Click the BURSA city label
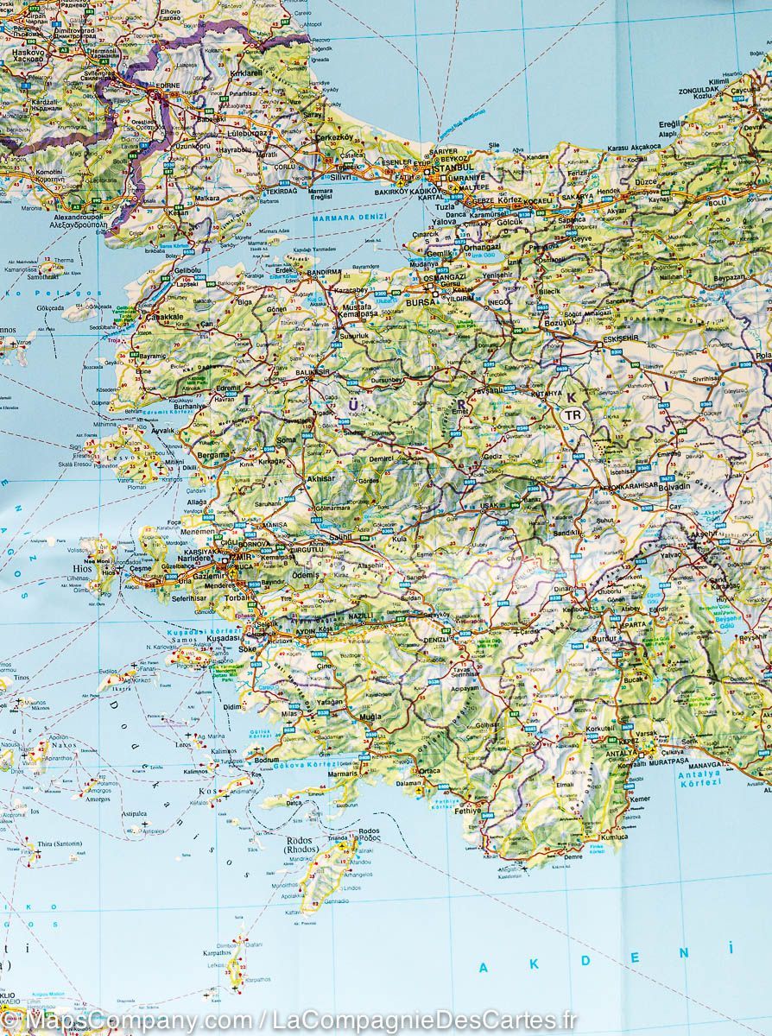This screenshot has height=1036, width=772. tap(421, 304)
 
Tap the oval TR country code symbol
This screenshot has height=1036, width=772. tap(572, 415)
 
